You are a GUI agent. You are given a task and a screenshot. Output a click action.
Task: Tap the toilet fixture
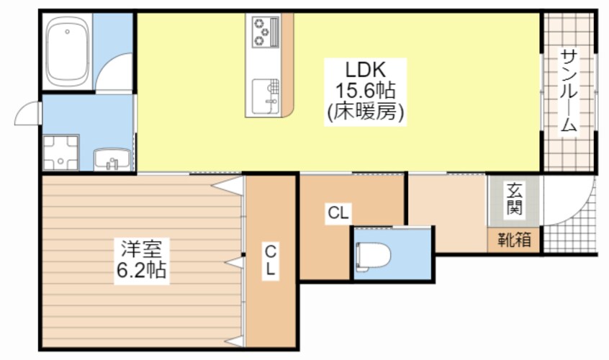373,256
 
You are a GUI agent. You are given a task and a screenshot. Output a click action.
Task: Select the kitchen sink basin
266,96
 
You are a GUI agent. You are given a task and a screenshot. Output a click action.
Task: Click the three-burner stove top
266,32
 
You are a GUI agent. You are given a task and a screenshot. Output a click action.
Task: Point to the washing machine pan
60,153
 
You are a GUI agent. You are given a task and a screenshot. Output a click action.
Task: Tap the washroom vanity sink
112,160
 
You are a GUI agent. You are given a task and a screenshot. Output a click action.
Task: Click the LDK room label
366,71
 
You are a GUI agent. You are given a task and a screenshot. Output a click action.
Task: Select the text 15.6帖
365,91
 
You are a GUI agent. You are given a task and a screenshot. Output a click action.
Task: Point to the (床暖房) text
365,112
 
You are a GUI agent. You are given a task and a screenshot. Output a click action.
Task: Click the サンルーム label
569,91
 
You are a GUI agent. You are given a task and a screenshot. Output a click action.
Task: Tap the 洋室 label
141,249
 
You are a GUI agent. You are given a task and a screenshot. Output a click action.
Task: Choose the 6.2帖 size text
141,270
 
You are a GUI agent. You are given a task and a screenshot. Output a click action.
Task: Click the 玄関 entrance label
514,199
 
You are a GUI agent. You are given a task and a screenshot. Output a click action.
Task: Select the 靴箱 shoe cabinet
514,240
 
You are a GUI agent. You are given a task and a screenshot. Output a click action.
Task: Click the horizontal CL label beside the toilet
338,213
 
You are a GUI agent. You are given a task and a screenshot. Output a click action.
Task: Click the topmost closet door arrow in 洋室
228,185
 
